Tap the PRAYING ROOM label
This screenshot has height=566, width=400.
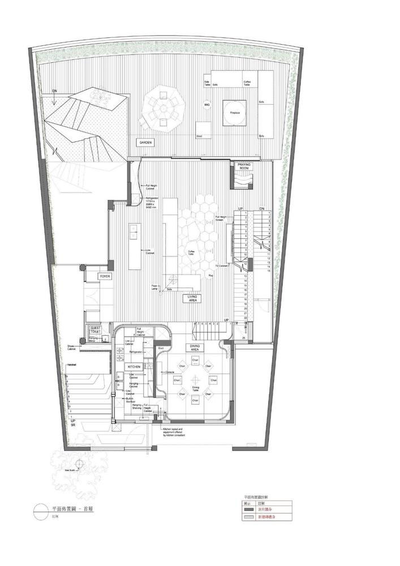[244, 166]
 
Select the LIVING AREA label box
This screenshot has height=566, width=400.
[192, 298]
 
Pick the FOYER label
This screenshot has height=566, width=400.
[105, 276]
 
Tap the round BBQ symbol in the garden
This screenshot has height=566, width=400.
[207, 105]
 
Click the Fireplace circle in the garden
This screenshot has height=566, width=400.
[234, 113]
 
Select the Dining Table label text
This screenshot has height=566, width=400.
[195, 389]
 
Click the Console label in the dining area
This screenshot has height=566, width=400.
[169, 372]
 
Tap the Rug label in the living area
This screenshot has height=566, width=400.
[211, 276]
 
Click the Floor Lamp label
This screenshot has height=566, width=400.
[154, 288]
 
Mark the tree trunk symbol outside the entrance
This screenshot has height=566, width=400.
[80, 463]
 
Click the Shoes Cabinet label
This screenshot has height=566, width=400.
[71, 348]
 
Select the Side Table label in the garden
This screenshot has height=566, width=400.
[207, 83]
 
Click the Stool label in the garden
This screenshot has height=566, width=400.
[199, 136]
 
